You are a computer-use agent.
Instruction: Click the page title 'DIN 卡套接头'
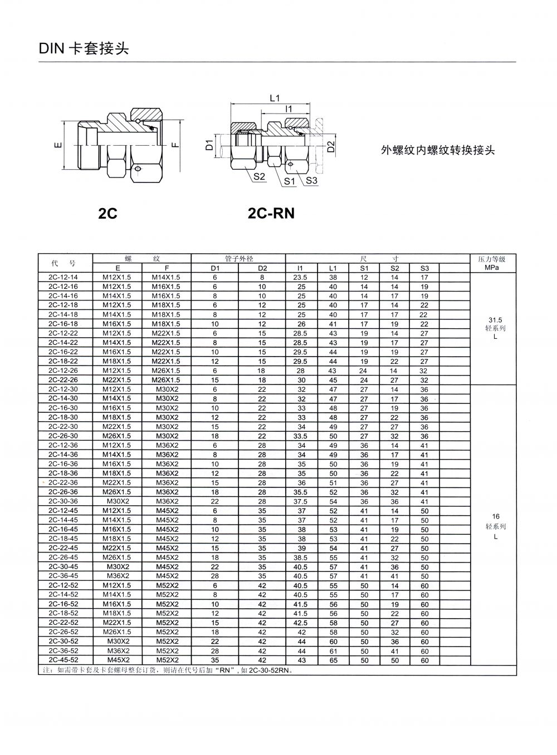point(84,48)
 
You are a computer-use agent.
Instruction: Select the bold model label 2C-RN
point(271,213)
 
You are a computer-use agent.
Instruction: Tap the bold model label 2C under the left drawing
point(108,213)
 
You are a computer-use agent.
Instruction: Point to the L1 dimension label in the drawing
point(275,98)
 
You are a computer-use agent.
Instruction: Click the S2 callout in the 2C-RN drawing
point(259,176)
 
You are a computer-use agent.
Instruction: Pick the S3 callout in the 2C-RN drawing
point(311,180)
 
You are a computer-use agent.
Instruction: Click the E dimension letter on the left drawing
point(57,146)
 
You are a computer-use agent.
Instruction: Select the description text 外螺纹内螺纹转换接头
point(437,150)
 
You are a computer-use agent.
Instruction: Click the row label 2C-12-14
point(63,277)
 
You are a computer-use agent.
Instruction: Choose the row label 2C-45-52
point(63,660)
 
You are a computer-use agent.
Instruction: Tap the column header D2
point(262,268)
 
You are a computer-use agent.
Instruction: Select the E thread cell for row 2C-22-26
point(117,380)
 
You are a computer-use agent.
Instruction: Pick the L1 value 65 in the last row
point(333,660)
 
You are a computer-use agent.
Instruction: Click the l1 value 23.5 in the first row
point(301,277)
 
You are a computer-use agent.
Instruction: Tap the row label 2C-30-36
point(63,501)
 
